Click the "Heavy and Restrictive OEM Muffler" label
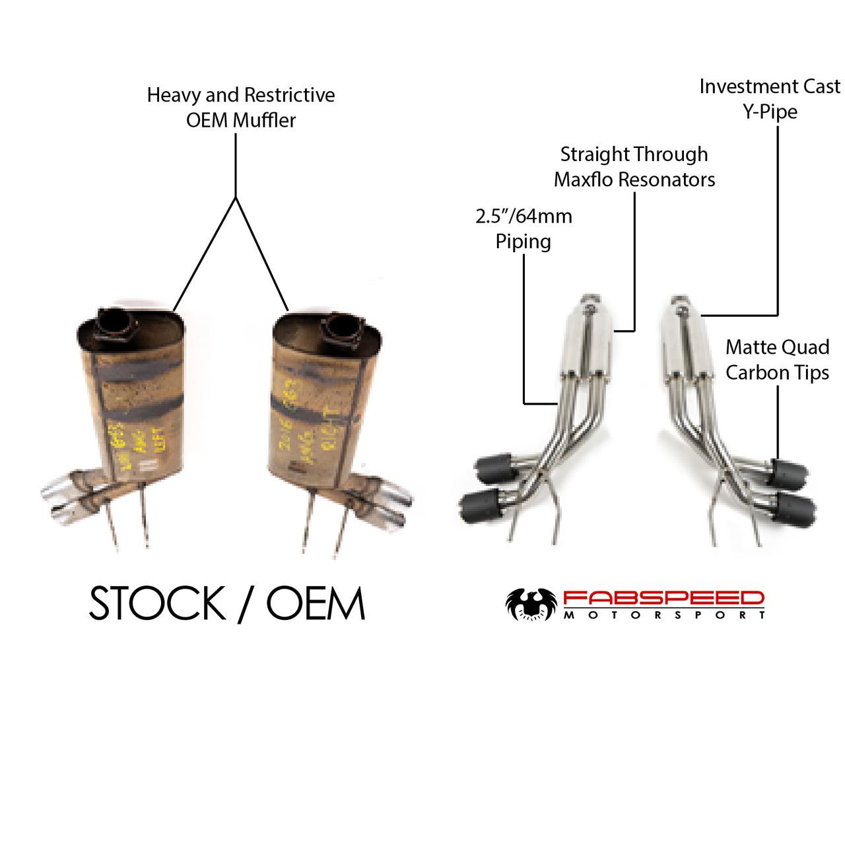(240, 107)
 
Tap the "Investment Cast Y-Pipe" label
(770, 98)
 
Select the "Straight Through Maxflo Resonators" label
(634, 166)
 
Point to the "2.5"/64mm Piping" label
(524, 228)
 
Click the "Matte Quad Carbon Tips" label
(777, 360)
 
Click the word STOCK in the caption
(156, 603)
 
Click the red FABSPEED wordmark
(663, 599)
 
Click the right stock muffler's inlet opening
(343, 328)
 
